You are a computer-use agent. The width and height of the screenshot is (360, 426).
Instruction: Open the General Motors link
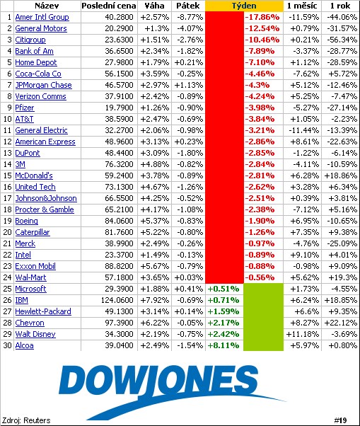coord(41,28)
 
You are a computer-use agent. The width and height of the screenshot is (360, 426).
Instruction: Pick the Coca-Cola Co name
coord(38,74)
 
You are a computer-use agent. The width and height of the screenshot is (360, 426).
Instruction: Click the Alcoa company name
coord(25,345)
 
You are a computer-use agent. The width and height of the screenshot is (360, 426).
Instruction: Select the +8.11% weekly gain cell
coord(223,345)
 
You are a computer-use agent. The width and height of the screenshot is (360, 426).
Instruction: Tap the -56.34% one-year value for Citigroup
coord(339,40)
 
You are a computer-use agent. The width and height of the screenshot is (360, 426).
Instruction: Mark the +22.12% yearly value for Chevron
coord(339,323)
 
